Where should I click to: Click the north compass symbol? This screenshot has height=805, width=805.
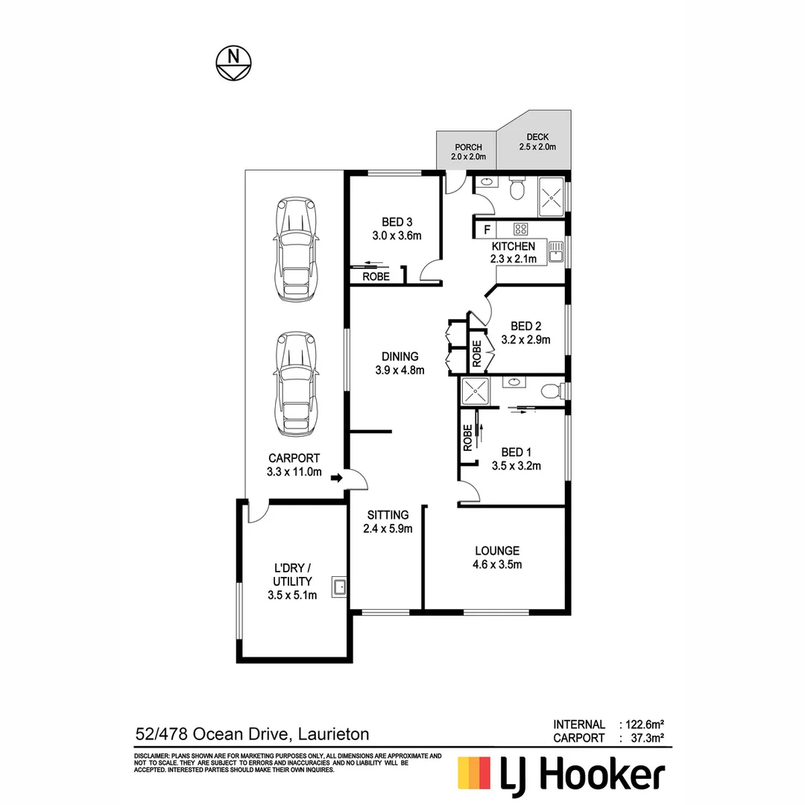(233, 63)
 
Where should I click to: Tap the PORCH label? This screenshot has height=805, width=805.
(468, 148)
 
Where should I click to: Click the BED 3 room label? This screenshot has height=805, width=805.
(397, 222)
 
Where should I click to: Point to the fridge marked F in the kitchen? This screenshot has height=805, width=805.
(487, 230)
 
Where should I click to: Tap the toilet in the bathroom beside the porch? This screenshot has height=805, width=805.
(515, 191)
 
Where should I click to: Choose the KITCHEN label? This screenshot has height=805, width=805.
(513, 247)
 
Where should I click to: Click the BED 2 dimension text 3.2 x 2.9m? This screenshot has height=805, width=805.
(530, 340)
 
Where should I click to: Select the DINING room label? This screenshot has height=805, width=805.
(400, 357)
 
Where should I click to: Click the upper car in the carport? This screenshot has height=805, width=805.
(297, 249)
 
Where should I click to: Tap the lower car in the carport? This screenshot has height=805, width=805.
(297, 384)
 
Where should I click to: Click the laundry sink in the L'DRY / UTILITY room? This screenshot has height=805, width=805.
(340, 587)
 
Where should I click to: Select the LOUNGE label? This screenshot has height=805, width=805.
(497, 551)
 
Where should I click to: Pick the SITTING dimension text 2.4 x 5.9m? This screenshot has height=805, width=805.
(388, 528)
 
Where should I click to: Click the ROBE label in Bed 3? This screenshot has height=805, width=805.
(376, 277)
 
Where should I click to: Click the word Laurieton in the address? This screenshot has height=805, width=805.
(333, 734)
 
